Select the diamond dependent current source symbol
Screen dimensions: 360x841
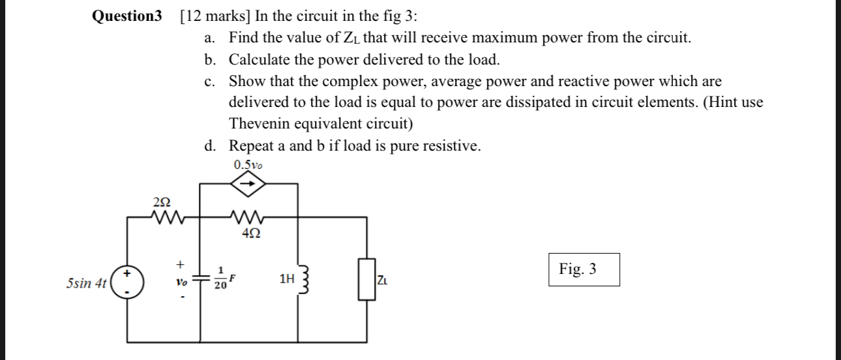click(x=248, y=184)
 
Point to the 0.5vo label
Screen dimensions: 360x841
click(x=248, y=165)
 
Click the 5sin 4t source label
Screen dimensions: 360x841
click(x=87, y=284)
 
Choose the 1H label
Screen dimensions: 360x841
click(x=286, y=279)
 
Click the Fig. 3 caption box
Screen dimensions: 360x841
click(x=583, y=269)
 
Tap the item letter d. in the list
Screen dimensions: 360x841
click(x=210, y=145)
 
